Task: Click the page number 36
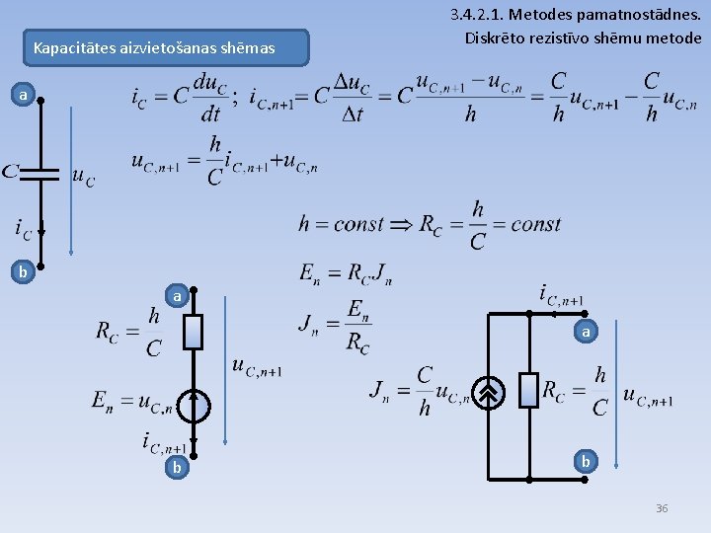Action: tap(662, 508)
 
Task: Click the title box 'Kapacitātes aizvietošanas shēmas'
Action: tap(155, 47)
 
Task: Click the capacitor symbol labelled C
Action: tap(40, 173)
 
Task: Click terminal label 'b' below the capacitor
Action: tap(24, 268)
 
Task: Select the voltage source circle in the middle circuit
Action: tap(195, 404)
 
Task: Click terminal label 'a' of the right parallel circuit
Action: tap(586, 333)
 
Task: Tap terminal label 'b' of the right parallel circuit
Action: tap(586, 461)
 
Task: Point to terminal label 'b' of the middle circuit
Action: tap(177, 467)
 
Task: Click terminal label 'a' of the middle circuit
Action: tap(177, 295)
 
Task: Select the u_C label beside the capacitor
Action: tap(84, 177)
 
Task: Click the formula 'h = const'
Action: tap(341, 224)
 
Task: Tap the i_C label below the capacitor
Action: tap(23, 229)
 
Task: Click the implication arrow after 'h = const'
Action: tap(402, 224)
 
